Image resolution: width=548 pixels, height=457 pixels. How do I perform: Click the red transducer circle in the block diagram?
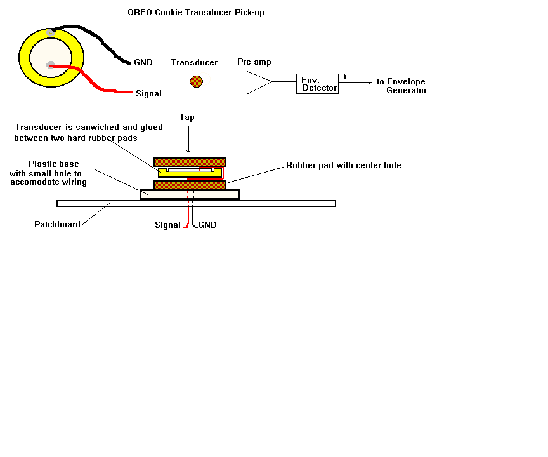[197, 81]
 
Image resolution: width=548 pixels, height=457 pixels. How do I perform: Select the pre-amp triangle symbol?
[258, 82]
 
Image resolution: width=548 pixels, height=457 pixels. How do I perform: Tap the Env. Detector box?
[317, 84]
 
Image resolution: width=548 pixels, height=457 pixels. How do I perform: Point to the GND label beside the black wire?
[143, 63]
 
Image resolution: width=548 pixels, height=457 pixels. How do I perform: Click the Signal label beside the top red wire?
[148, 94]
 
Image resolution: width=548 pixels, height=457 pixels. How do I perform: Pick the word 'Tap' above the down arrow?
[187, 117]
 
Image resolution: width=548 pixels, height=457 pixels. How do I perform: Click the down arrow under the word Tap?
[188, 140]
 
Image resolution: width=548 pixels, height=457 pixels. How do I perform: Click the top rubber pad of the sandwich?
[190, 162]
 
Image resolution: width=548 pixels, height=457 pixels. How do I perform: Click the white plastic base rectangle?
[190, 195]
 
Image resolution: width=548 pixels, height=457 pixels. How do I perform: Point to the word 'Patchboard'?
[57, 224]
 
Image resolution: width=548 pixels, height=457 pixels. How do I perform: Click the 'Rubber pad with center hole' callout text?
[343, 166]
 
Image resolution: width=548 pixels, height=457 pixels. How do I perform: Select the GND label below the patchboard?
[207, 225]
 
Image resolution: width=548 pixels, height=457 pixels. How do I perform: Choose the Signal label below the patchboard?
[168, 225]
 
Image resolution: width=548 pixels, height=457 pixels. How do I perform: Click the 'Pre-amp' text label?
[254, 62]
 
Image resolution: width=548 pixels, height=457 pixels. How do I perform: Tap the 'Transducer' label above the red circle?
[194, 62]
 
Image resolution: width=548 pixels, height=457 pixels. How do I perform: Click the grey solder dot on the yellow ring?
[51, 32]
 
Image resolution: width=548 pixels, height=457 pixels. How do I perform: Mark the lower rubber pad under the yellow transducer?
[190, 185]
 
